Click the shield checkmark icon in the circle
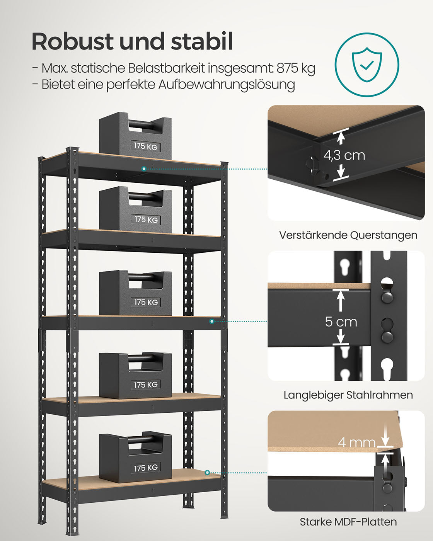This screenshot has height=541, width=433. coord(367,65)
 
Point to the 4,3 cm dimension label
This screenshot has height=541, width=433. coord(344,155)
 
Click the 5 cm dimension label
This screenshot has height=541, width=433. coord(341,322)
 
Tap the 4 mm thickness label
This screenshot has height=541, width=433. coord(356,442)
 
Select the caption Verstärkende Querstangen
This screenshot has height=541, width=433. coord(348,235)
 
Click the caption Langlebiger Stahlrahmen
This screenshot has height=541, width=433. coord(348,395)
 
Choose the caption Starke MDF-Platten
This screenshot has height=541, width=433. coord(348,522)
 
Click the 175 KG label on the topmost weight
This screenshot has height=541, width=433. coord(146,146)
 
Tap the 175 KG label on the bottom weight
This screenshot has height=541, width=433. coord(146,468)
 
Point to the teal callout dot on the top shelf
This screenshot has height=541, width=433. coord(144,169)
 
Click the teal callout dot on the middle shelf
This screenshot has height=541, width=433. coord(212,321)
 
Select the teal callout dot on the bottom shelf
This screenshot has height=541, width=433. coord(208,473)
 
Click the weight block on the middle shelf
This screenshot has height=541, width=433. coord(135,294)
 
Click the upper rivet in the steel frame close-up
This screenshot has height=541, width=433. coord(387,296)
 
